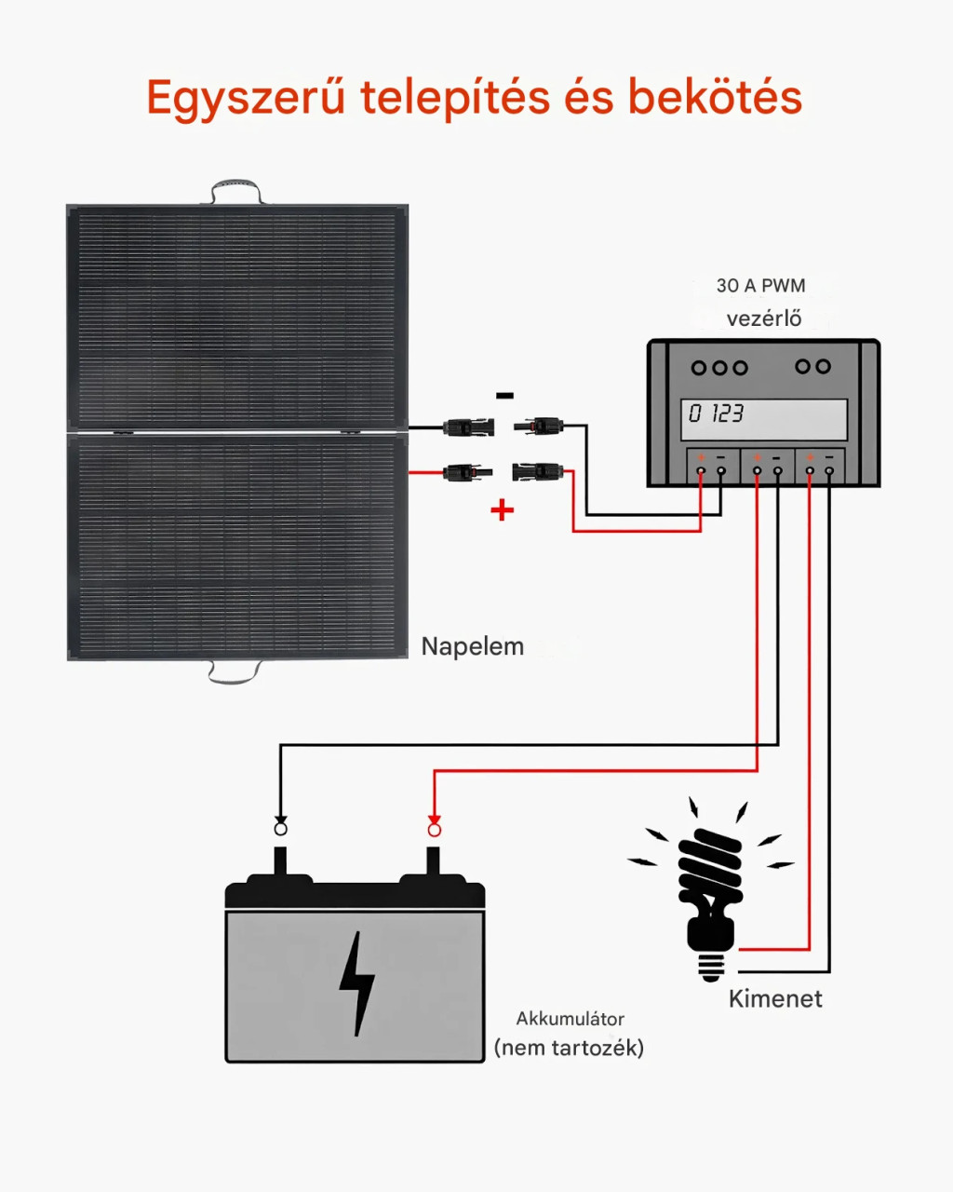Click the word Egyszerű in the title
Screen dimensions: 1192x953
tap(247, 99)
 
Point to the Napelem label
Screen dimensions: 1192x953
tap(472, 646)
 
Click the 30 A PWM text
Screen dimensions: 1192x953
tap(760, 286)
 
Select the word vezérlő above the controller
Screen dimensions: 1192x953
tap(764, 318)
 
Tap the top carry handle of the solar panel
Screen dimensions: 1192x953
tap(236, 190)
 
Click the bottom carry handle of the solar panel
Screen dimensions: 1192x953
tap(233, 671)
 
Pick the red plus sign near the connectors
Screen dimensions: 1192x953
tap(502, 509)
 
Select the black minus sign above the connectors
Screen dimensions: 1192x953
tap(504, 396)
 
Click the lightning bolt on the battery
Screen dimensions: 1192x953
tap(356, 983)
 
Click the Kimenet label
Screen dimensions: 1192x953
tap(775, 999)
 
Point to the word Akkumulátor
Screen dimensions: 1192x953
tap(570, 1019)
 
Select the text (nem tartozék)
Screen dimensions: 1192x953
tap(569, 1048)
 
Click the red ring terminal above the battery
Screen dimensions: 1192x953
tap(434, 830)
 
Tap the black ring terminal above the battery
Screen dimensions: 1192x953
tap(280, 829)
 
